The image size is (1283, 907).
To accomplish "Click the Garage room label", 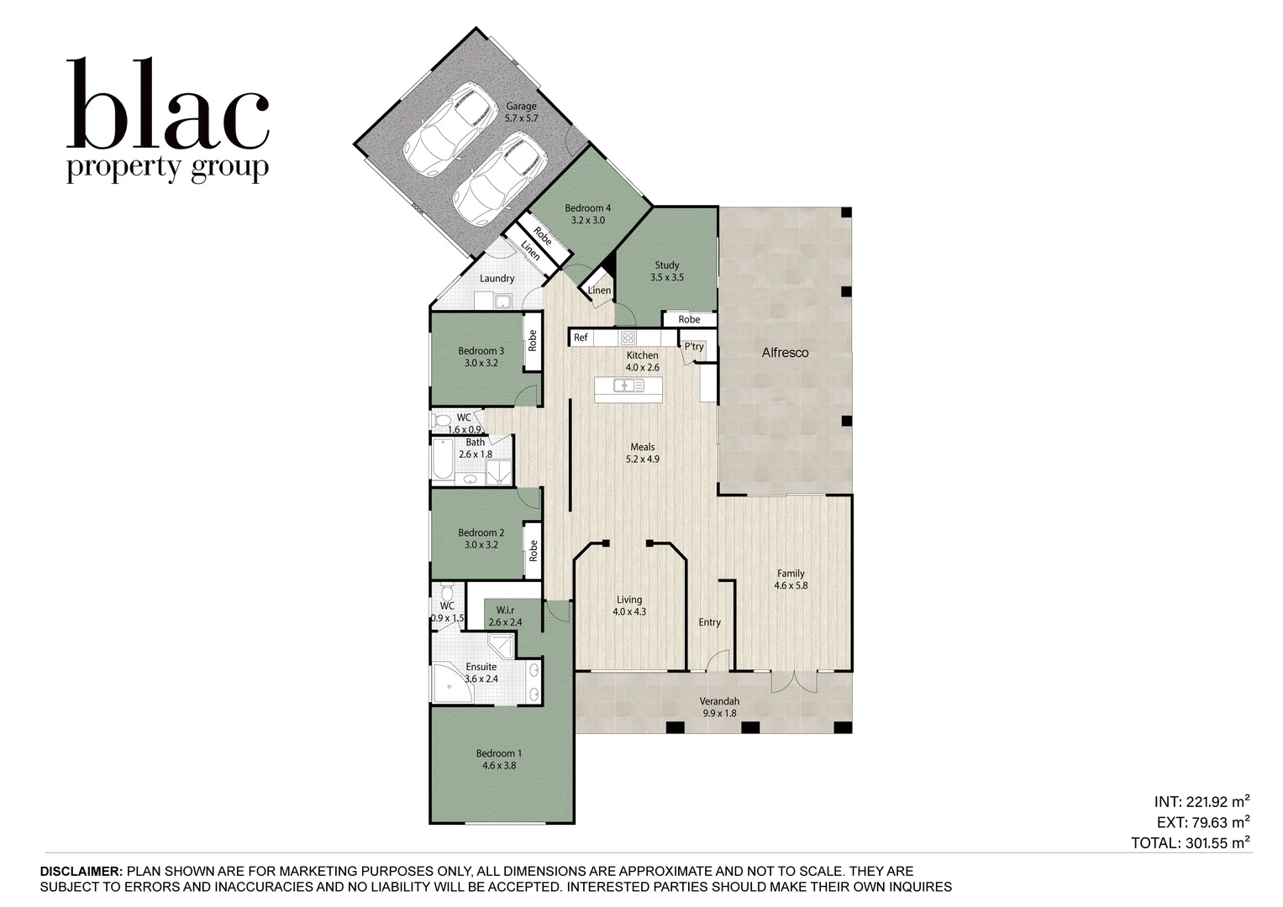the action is (x=521, y=113).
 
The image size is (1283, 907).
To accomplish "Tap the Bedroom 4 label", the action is (x=587, y=214).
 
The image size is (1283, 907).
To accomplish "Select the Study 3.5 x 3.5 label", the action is (x=666, y=271).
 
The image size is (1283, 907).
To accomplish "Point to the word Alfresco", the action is (x=785, y=353).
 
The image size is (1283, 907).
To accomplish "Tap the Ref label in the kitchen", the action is (x=581, y=338).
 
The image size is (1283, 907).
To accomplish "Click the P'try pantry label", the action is (x=694, y=346).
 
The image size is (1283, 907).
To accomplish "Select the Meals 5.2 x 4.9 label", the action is (x=643, y=453).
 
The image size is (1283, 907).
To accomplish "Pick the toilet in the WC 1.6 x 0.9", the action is (x=442, y=421).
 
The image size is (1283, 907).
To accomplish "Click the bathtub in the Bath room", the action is (x=444, y=459).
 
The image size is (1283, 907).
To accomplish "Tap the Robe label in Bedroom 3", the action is (x=533, y=341).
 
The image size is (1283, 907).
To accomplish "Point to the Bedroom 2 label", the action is (x=481, y=539).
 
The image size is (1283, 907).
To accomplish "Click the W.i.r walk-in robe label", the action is (x=505, y=616).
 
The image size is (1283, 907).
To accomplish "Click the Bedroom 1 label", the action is (x=499, y=759).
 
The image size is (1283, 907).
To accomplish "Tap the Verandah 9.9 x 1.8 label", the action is (x=719, y=707).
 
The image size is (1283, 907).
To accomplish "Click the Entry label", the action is (x=710, y=622).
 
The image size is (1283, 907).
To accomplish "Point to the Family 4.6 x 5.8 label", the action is (x=791, y=579).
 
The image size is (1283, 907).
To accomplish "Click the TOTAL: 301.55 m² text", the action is (x=1191, y=842).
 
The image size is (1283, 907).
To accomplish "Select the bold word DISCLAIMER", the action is (x=82, y=872).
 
